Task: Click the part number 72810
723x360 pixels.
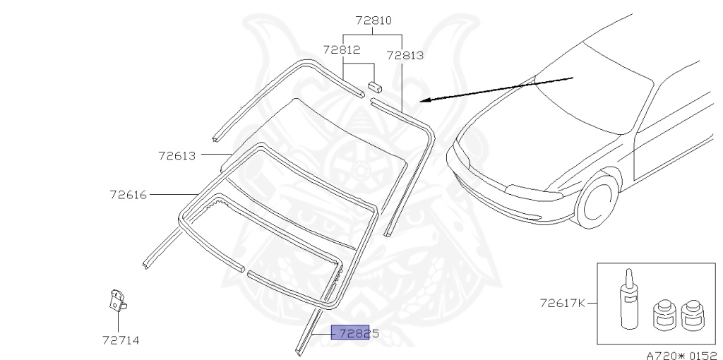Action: (374, 20)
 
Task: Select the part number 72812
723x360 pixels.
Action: (342, 49)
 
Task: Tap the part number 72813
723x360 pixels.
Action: (405, 55)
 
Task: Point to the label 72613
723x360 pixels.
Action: (177, 156)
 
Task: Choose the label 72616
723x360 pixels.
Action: (129, 195)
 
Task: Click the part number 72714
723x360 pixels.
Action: (121, 341)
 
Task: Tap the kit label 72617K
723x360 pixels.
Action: (563, 304)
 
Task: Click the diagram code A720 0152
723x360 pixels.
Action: (684, 355)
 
